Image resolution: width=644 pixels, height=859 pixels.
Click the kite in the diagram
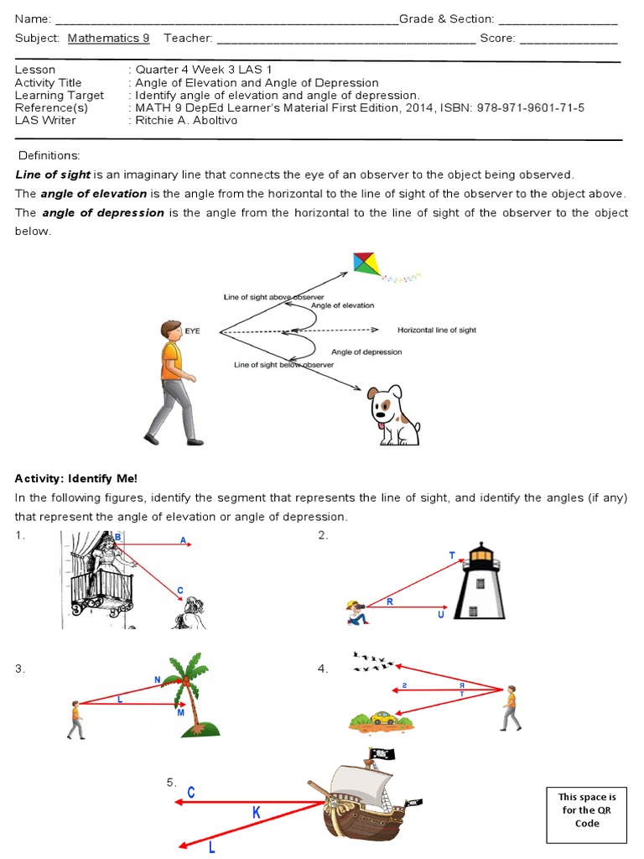(366, 263)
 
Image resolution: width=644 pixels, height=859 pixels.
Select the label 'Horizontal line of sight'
(436, 331)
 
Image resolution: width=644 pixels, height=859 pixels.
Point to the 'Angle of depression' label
(366, 352)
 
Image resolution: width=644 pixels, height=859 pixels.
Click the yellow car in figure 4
(383, 718)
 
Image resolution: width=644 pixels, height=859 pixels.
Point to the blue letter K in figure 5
(257, 812)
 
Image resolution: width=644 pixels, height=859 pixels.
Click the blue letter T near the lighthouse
(453, 556)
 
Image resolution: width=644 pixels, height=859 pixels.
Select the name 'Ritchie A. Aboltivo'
(184, 120)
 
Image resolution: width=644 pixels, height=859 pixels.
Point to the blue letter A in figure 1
(184, 541)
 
